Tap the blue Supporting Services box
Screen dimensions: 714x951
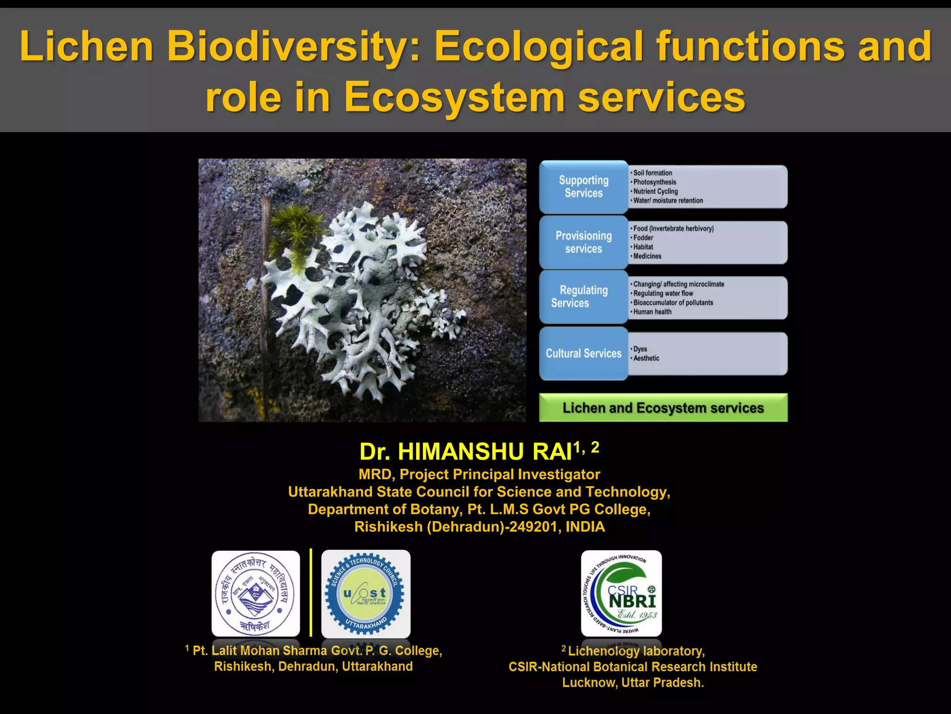tap(583, 187)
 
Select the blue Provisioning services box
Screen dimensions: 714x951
tap(583, 242)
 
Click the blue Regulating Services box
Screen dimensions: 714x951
tap(583, 297)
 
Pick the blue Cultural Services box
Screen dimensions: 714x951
tap(583, 353)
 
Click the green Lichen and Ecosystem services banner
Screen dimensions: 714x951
tap(663, 408)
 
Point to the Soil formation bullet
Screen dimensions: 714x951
tap(652, 173)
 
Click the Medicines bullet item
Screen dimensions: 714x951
tap(647, 256)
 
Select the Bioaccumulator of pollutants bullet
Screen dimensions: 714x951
tap(673, 303)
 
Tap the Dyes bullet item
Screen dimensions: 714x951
tap(640, 349)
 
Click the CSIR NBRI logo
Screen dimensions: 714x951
tap(621, 593)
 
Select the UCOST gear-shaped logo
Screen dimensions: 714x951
tap(366, 594)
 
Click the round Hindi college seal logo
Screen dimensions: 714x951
tap(255, 594)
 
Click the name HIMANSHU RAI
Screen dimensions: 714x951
tap(484, 451)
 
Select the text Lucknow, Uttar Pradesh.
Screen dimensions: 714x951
tap(633, 682)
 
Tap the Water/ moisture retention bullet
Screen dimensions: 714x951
tap(668, 201)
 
